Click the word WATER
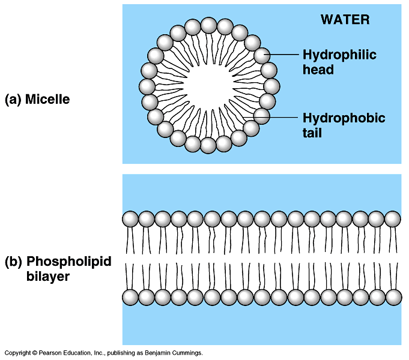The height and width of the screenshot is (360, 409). (345, 20)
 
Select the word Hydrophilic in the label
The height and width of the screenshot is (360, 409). (339, 55)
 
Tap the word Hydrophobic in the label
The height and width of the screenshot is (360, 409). (344, 118)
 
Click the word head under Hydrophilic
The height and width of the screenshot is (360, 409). (318, 70)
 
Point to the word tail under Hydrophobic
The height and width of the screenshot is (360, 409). (312, 133)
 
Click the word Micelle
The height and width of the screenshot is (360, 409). (47, 100)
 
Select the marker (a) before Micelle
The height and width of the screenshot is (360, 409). (13, 100)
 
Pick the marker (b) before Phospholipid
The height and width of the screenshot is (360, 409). (14, 262)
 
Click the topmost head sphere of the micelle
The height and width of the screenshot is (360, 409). (208, 25)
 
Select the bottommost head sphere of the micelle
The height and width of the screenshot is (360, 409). (208, 145)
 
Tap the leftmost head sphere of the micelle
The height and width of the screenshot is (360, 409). (147, 86)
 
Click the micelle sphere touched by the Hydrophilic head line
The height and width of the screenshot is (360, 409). (262, 56)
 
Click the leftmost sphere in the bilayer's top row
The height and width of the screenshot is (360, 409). (130, 218)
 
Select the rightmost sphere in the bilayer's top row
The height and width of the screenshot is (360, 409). (392, 218)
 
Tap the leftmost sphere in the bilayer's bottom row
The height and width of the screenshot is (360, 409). (130, 296)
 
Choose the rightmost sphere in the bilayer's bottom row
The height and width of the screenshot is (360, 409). (393, 296)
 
